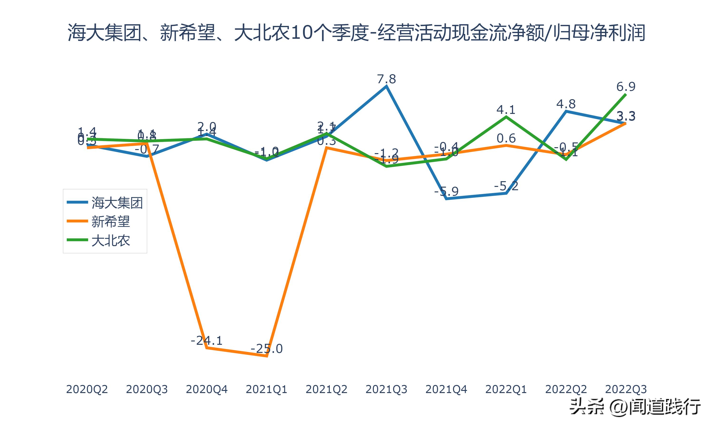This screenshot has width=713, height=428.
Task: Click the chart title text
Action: [356, 33]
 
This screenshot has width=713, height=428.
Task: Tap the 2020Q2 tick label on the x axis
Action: [87, 389]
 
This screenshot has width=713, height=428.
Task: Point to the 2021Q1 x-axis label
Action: [267, 389]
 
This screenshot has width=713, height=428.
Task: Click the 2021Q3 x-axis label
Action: [386, 389]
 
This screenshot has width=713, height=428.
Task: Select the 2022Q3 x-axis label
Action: [626, 389]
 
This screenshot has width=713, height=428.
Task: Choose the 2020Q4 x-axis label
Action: [207, 389]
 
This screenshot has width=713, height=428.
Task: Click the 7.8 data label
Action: [386, 79]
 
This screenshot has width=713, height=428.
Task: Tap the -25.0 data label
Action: [267, 349]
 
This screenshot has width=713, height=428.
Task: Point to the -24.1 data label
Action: [207, 340]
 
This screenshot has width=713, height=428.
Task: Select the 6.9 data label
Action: [626, 87]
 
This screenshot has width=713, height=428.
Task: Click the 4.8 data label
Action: [566, 104]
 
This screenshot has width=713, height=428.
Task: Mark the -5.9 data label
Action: [446, 191]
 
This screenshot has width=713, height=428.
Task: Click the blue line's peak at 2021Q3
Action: [386, 86]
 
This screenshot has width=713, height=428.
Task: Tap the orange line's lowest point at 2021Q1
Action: [267, 356]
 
